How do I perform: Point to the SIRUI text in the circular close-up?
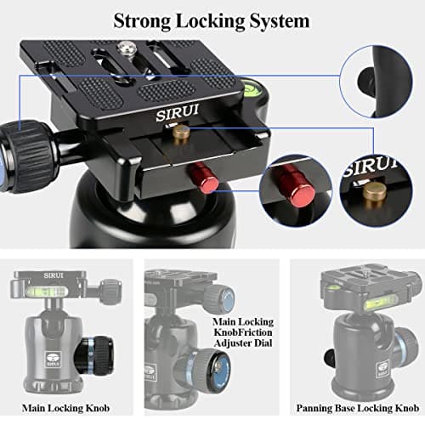click(365, 167)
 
